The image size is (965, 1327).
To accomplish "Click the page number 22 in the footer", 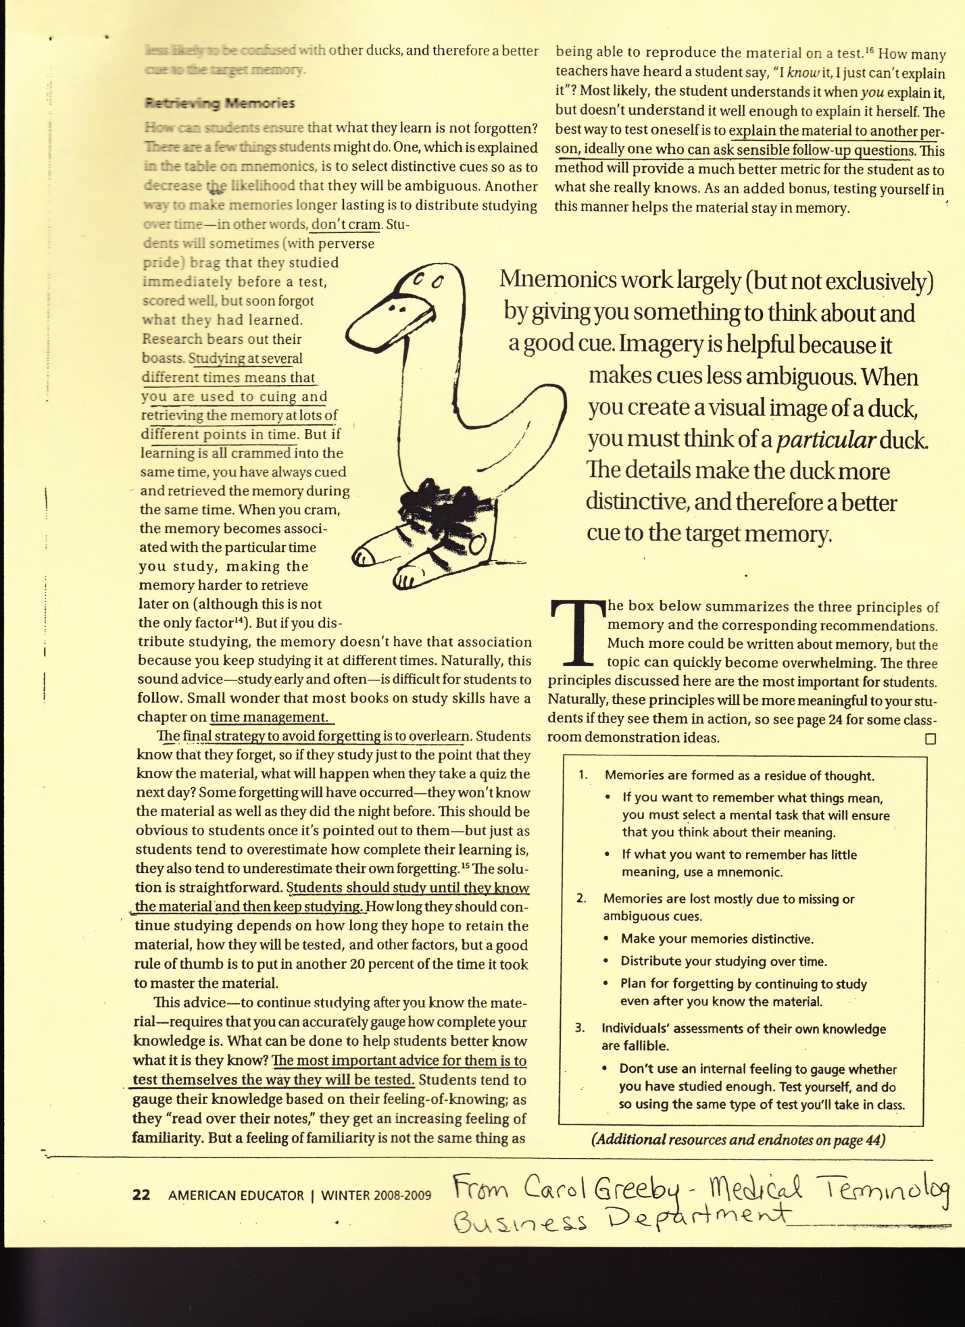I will pos(141,1195).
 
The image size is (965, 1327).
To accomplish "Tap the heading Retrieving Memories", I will pos(220,103).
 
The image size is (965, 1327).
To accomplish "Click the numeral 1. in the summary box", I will pos(583,775).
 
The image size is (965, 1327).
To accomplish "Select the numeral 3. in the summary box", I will pos(580,1028).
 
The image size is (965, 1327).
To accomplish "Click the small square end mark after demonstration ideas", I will pos(930,738).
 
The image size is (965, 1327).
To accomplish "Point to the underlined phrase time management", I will pos(269,717).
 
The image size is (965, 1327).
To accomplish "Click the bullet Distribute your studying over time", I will pos(723,961).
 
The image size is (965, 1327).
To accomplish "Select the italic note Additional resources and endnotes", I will pos(737,1140).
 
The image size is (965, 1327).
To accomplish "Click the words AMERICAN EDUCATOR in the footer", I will pos(236,1195).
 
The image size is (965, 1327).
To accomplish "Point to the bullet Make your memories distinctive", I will pos(717,938).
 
